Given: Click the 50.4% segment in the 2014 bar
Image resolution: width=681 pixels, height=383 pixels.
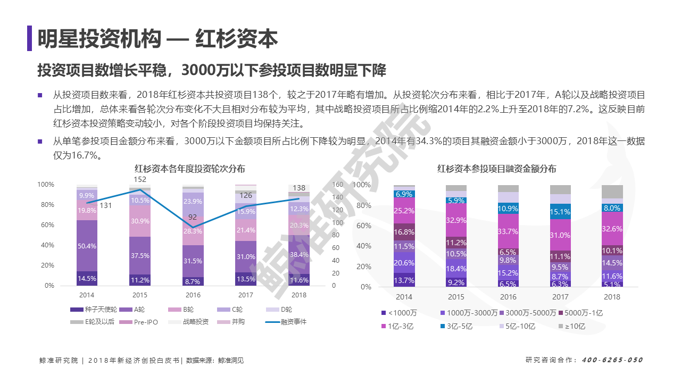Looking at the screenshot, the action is point(87,246).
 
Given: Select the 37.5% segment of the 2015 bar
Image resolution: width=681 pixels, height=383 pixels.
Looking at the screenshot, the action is point(140,256).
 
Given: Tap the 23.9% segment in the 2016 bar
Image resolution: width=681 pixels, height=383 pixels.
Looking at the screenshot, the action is point(193,204).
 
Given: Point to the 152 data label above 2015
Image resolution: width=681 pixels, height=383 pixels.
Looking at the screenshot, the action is point(140,179).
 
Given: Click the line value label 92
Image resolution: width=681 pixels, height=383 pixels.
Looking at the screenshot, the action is point(193,217).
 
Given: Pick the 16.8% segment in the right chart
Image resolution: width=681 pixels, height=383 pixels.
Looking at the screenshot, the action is point(404,232).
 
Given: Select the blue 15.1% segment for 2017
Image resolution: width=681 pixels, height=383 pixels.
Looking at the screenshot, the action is point(560,211).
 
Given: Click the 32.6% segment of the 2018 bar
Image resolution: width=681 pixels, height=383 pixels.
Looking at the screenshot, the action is point(612,229).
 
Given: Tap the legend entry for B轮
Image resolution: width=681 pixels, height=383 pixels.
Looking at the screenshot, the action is point(180,310).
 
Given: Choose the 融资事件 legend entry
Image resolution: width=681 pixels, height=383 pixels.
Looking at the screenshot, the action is point(286,322).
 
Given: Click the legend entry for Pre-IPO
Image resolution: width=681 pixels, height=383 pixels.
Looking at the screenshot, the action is point(138,322).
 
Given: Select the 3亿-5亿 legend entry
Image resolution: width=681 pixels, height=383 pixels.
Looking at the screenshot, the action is point(456,326).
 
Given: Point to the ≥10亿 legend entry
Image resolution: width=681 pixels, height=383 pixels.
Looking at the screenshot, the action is point(572,326).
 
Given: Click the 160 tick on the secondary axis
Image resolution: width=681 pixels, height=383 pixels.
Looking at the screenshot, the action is point(337,185).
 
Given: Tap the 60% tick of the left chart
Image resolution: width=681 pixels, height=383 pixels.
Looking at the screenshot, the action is point(47,225).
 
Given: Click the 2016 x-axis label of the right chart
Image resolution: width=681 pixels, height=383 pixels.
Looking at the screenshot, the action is point(508,297).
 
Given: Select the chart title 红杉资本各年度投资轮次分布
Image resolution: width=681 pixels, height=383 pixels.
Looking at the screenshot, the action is point(190,169).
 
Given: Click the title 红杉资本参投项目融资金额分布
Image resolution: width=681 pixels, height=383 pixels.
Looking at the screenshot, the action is point(497,169).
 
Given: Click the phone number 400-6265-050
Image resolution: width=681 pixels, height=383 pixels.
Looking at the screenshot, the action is point(612,360).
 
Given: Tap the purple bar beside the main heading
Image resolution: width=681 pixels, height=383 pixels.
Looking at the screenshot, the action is point(29,38).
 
